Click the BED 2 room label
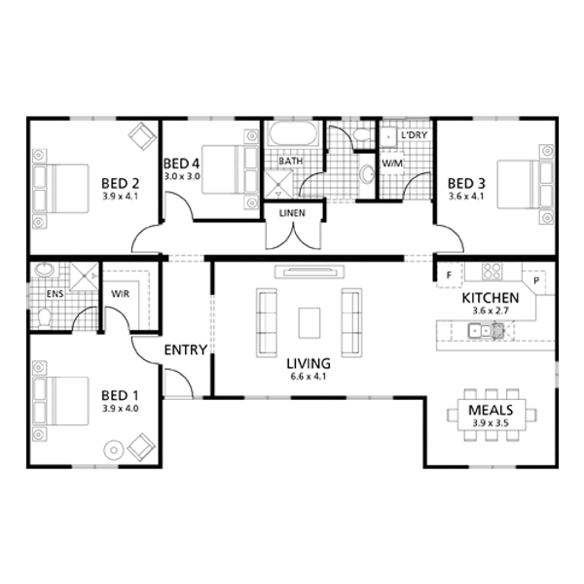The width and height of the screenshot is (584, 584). point(121,183)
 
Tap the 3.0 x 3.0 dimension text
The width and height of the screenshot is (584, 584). point(183,176)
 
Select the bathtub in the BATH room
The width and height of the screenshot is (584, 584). point(294,134)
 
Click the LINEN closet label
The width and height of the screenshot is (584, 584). point(292,213)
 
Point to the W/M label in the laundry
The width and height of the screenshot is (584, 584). point(392,164)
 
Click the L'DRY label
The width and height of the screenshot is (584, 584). point(415,134)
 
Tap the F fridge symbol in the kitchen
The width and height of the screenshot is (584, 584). point(449,275)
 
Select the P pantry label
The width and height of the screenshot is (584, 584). point(536,281)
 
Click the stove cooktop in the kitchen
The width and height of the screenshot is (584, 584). point(492,272)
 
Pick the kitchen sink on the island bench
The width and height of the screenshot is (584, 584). point(486,330)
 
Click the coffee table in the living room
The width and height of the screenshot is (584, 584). point(310,323)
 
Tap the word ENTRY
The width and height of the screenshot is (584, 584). point(186,349)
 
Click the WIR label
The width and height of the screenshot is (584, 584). point(121,294)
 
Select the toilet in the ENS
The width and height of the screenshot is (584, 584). point(44,317)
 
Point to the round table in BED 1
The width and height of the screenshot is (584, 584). point(114,451)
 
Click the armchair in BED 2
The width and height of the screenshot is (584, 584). point(142,136)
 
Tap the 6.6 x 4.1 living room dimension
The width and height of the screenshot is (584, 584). point(309,377)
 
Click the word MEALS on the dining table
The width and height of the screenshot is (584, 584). point(491,410)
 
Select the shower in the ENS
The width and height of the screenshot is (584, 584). point(85,276)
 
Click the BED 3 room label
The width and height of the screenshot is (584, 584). point(466,183)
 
